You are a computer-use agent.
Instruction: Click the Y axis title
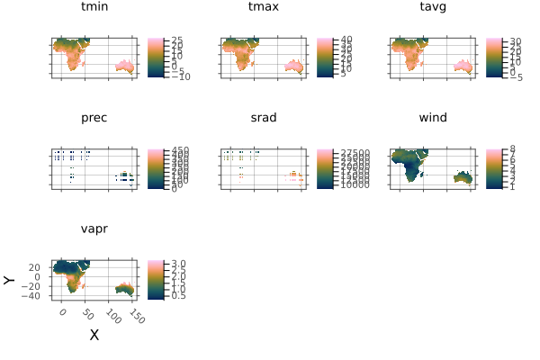click(10, 280)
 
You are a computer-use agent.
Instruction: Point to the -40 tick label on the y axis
click(36, 295)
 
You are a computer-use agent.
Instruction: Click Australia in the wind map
click(463, 177)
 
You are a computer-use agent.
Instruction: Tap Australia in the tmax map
click(294, 67)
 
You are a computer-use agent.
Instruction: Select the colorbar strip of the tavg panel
click(492, 58)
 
